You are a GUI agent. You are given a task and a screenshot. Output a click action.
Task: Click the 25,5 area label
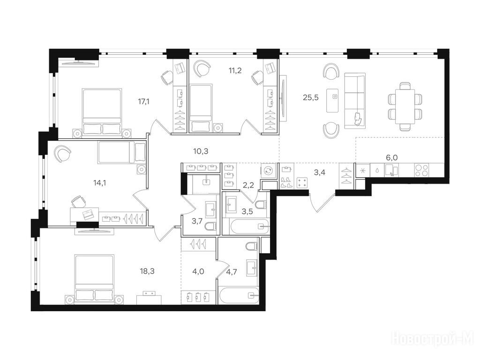click(311, 97)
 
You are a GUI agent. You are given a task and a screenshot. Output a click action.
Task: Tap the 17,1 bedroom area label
click(143, 102)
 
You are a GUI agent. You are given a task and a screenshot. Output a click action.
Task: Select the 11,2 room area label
click(235, 71)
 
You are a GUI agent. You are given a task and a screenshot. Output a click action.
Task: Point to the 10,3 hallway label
click(201, 151)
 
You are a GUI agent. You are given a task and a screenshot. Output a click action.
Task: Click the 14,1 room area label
click(99, 183)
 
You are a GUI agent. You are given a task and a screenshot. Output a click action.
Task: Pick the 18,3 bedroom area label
click(147, 271)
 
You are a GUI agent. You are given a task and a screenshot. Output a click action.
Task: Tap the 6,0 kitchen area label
click(392, 157)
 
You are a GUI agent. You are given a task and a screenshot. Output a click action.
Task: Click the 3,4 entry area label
click(320, 172)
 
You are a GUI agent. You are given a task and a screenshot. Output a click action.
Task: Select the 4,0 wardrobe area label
click(198, 271)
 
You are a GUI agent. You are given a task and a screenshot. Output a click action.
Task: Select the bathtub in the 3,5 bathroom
click(246, 226)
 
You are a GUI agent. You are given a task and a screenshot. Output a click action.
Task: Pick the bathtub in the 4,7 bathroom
click(238, 295)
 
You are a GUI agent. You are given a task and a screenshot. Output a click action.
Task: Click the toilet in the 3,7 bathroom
click(211, 226)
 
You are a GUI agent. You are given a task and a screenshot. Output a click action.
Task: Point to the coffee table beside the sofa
click(332, 100)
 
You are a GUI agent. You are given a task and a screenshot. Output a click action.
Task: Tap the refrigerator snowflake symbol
click(363, 170)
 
